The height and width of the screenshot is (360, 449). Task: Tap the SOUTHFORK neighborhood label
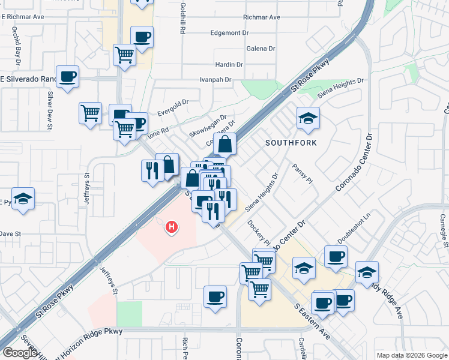pyautogui.click(x=291, y=143)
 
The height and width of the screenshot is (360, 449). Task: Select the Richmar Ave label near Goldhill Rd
pyautogui.click(x=262, y=17)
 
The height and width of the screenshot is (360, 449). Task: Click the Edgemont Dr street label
pyautogui.click(x=229, y=33)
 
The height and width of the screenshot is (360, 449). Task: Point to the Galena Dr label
pyautogui.click(x=261, y=49)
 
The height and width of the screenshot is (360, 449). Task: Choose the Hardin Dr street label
pyautogui.click(x=229, y=64)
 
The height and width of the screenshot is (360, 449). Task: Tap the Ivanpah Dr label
pyautogui.click(x=215, y=79)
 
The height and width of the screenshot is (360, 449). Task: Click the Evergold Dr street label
pyautogui.click(x=173, y=107)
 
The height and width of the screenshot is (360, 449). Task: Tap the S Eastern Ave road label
pyautogui.click(x=312, y=321)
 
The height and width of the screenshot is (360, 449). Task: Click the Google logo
pyautogui.click(x=20, y=353)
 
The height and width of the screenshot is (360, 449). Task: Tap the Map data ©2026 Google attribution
pyautogui.click(x=412, y=355)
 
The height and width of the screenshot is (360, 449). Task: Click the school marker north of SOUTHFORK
pyautogui.click(x=308, y=118)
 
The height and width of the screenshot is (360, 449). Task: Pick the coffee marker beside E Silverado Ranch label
pyautogui.click(x=68, y=76)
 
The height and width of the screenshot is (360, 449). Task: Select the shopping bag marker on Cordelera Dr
pyautogui.click(x=224, y=144)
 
